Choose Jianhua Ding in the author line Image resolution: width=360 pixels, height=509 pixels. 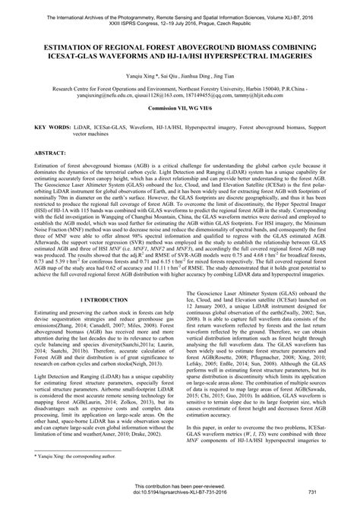click(194, 77)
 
